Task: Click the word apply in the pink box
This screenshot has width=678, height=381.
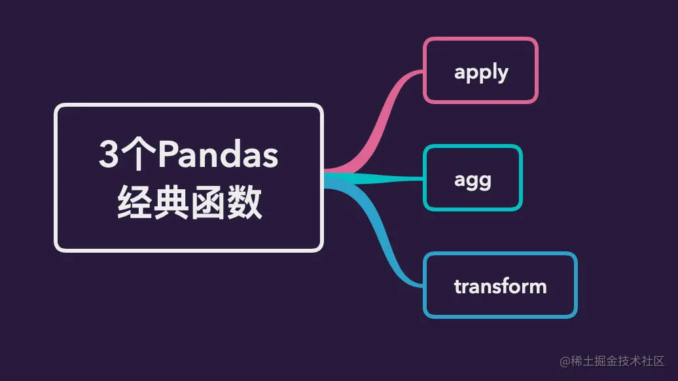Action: (x=481, y=72)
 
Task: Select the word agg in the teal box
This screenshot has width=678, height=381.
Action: (x=473, y=180)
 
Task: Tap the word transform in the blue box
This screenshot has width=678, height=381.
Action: (x=500, y=286)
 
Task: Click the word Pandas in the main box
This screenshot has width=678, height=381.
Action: (x=218, y=154)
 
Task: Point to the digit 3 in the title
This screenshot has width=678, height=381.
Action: (x=109, y=154)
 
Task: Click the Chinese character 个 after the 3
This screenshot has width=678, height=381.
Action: (x=138, y=154)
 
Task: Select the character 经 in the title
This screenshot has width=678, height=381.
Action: (x=134, y=202)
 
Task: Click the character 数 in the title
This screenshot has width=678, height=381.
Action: (x=245, y=202)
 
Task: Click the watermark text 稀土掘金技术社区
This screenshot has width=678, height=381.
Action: (x=618, y=361)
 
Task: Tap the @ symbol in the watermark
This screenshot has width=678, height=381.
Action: (x=565, y=361)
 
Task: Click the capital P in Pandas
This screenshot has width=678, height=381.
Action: (x=168, y=154)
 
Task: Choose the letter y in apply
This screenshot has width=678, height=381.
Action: (x=502, y=75)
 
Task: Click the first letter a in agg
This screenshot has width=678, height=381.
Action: (x=460, y=179)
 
